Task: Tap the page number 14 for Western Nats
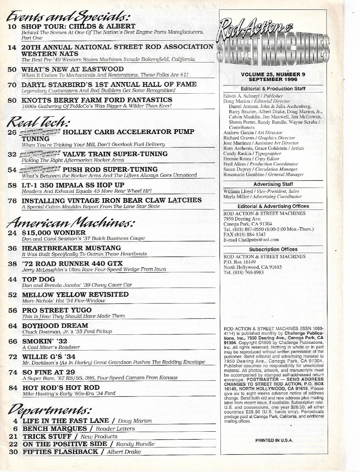tap(12, 47)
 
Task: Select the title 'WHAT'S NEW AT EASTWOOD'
tap(73, 69)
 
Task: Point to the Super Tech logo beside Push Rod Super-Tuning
tap(40, 170)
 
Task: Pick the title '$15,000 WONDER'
tap(54, 232)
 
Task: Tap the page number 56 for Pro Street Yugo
tap(13, 310)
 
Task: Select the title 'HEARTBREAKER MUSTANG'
tap(71, 248)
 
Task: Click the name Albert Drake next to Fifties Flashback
tap(124, 452)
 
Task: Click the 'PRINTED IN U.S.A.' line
tap(274, 440)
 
